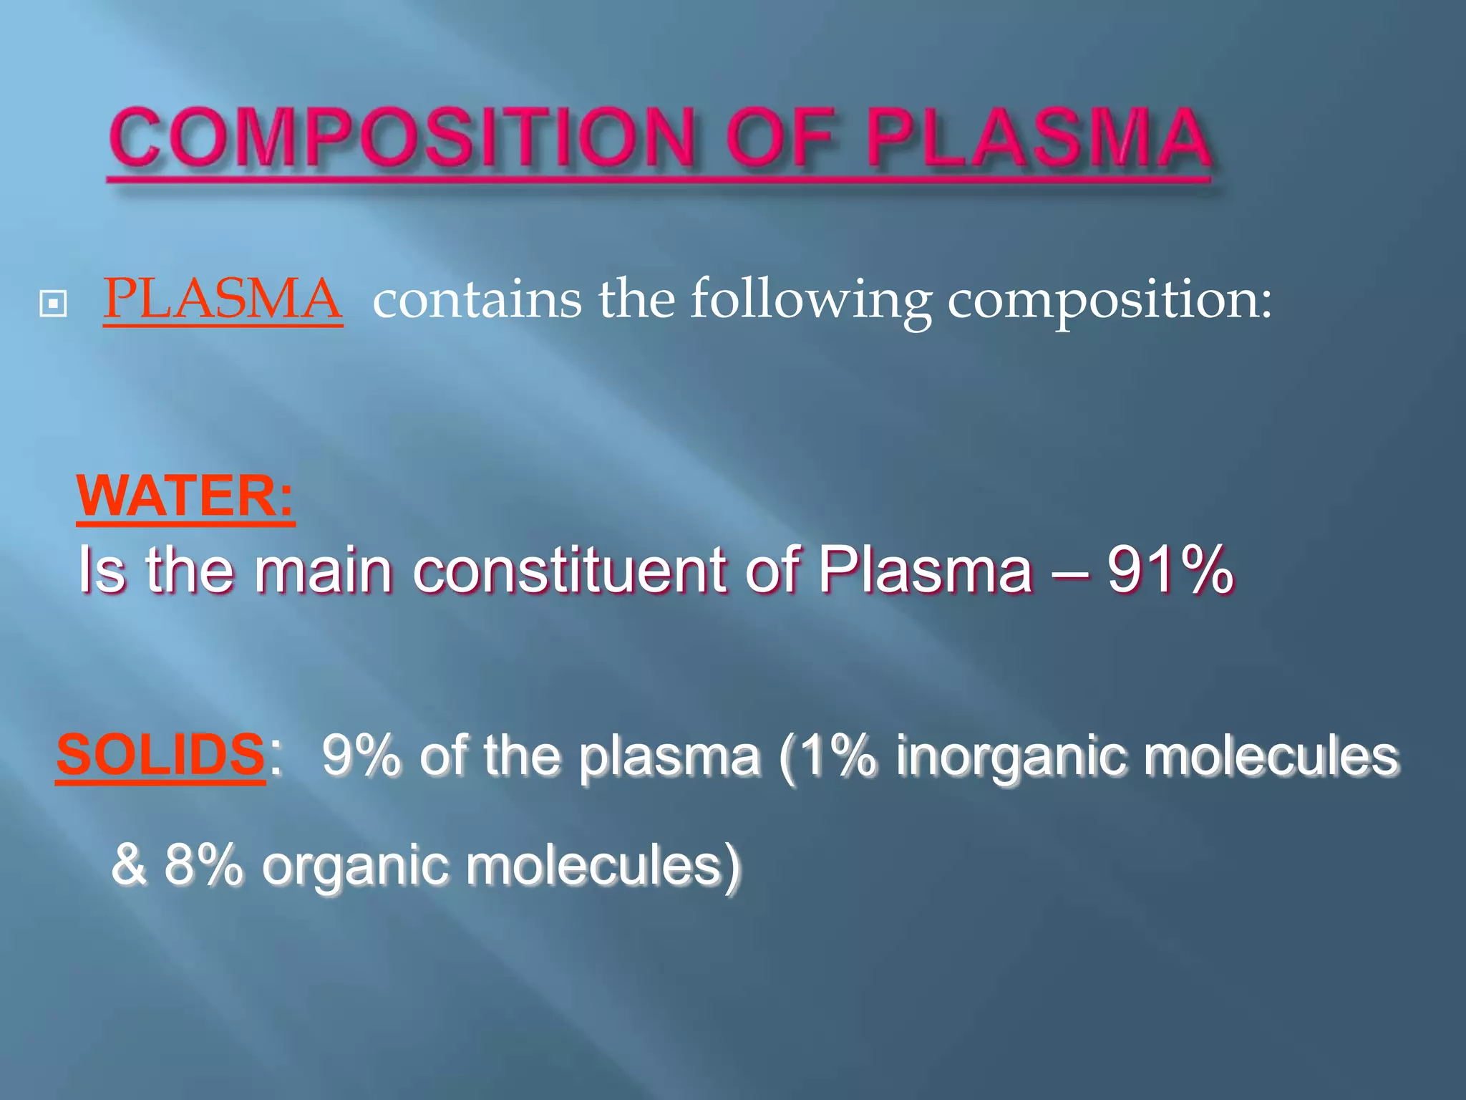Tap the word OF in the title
click(782, 138)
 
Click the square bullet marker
click(54, 304)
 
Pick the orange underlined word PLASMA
click(223, 299)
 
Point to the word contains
click(477, 299)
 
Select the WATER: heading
click(185, 496)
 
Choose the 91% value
click(1170, 571)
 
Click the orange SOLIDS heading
click(160, 755)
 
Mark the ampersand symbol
click(130, 865)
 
